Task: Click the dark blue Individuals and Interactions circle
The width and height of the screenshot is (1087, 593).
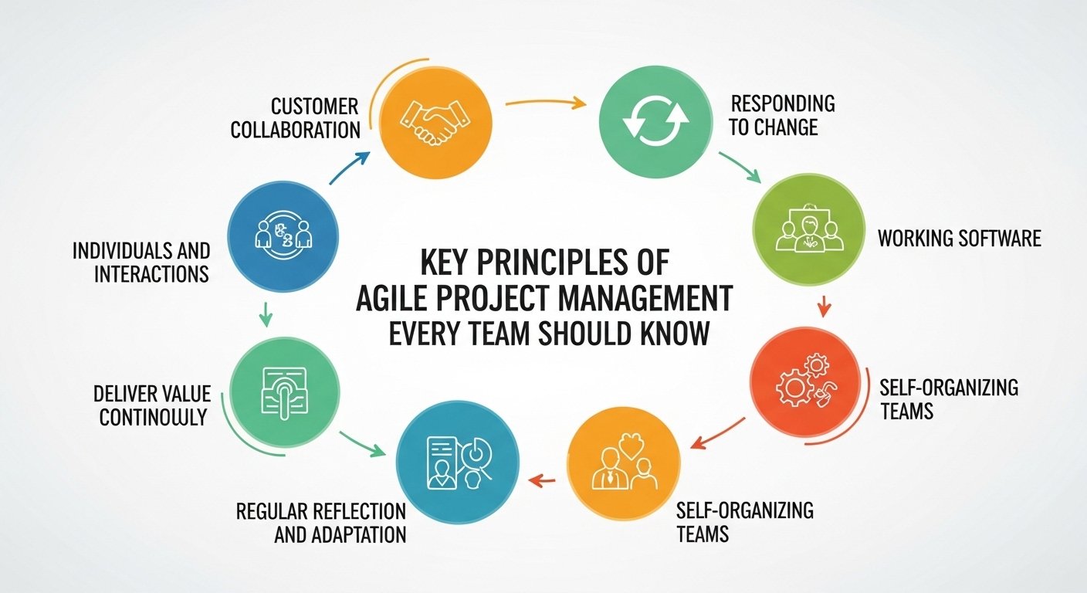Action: pyautogui.click(x=283, y=236)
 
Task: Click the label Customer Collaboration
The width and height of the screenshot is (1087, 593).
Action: pyautogui.click(x=295, y=117)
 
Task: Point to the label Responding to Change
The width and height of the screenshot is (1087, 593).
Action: pyautogui.click(x=782, y=114)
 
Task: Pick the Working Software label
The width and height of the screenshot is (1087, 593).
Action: pyautogui.click(x=959, y=238)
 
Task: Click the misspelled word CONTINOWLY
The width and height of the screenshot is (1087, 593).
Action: pyautogui.click(x=153, y=417)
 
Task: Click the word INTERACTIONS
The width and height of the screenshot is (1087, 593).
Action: pyautogui.click(x=151, y=274)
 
